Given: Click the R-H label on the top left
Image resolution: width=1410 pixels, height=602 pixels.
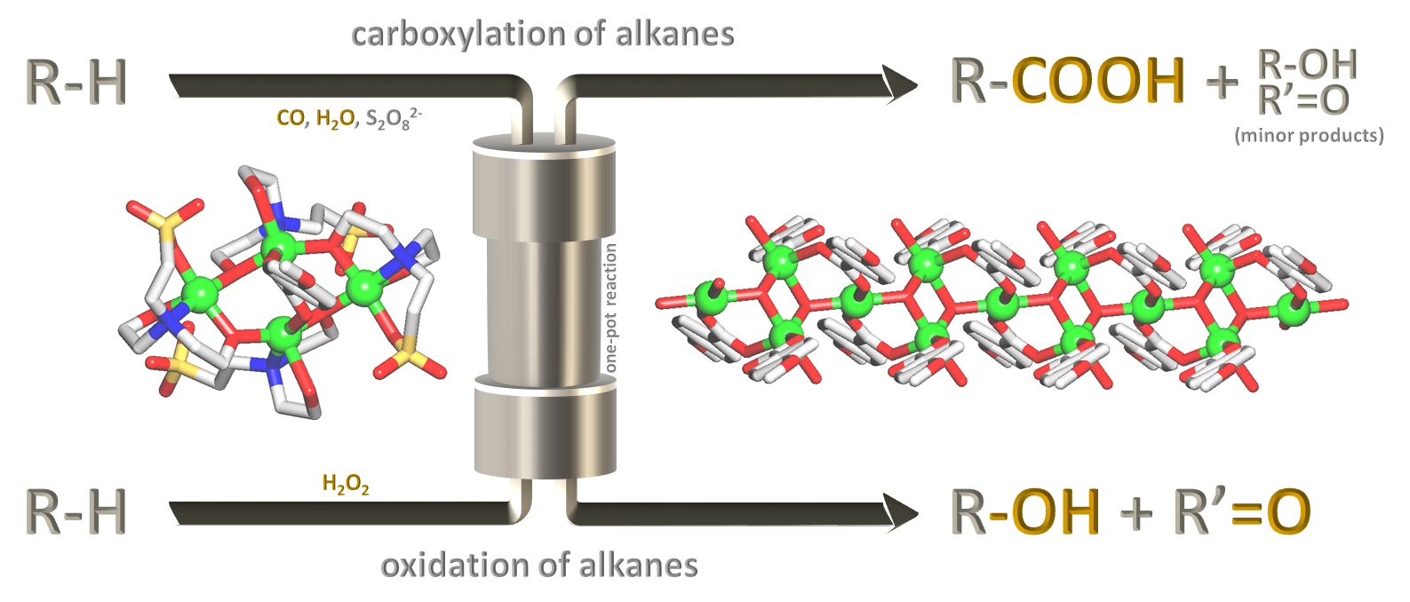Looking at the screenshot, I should coord(76,83).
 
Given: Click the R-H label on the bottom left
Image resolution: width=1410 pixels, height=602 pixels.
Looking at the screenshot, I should coord(76,512).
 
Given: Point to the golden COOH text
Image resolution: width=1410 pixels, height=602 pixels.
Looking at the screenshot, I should coord(1098,81).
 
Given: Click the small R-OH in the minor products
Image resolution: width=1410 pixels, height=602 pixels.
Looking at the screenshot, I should coord(1307,64).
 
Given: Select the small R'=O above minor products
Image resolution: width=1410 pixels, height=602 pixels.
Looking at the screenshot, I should coord(1302,100).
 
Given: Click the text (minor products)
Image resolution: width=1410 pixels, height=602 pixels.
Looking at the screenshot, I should coord(1309,135).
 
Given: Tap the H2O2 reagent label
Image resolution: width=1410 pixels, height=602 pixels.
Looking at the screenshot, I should coord(346,484).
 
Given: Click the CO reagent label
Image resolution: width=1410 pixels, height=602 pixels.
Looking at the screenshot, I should coord(291,118).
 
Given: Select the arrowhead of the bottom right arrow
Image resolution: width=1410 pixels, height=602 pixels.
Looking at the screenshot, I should coord(901,511).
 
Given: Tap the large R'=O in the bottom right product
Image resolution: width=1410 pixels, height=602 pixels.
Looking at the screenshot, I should coord(1242,512).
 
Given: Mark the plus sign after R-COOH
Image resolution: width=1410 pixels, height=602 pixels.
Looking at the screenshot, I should coord(1223,83).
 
